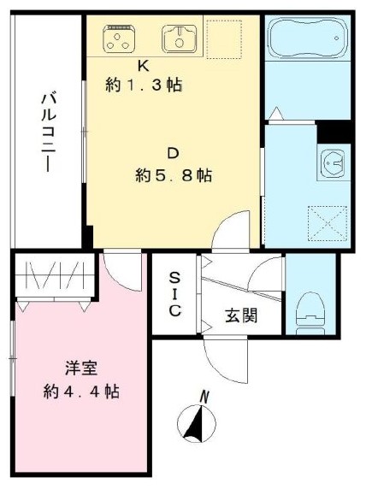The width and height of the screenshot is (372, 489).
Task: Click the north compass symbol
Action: pos(197,422)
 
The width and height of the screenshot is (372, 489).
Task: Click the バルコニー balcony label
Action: pos(47,132)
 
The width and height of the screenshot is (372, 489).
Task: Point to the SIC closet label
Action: pos(174,294)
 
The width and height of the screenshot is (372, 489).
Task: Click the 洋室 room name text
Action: pos(81,369)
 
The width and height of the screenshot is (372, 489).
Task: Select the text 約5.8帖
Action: pos(174,176)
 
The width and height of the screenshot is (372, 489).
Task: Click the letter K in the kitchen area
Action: pos(144,64)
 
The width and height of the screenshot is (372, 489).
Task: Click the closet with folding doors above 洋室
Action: pos(52,277)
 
